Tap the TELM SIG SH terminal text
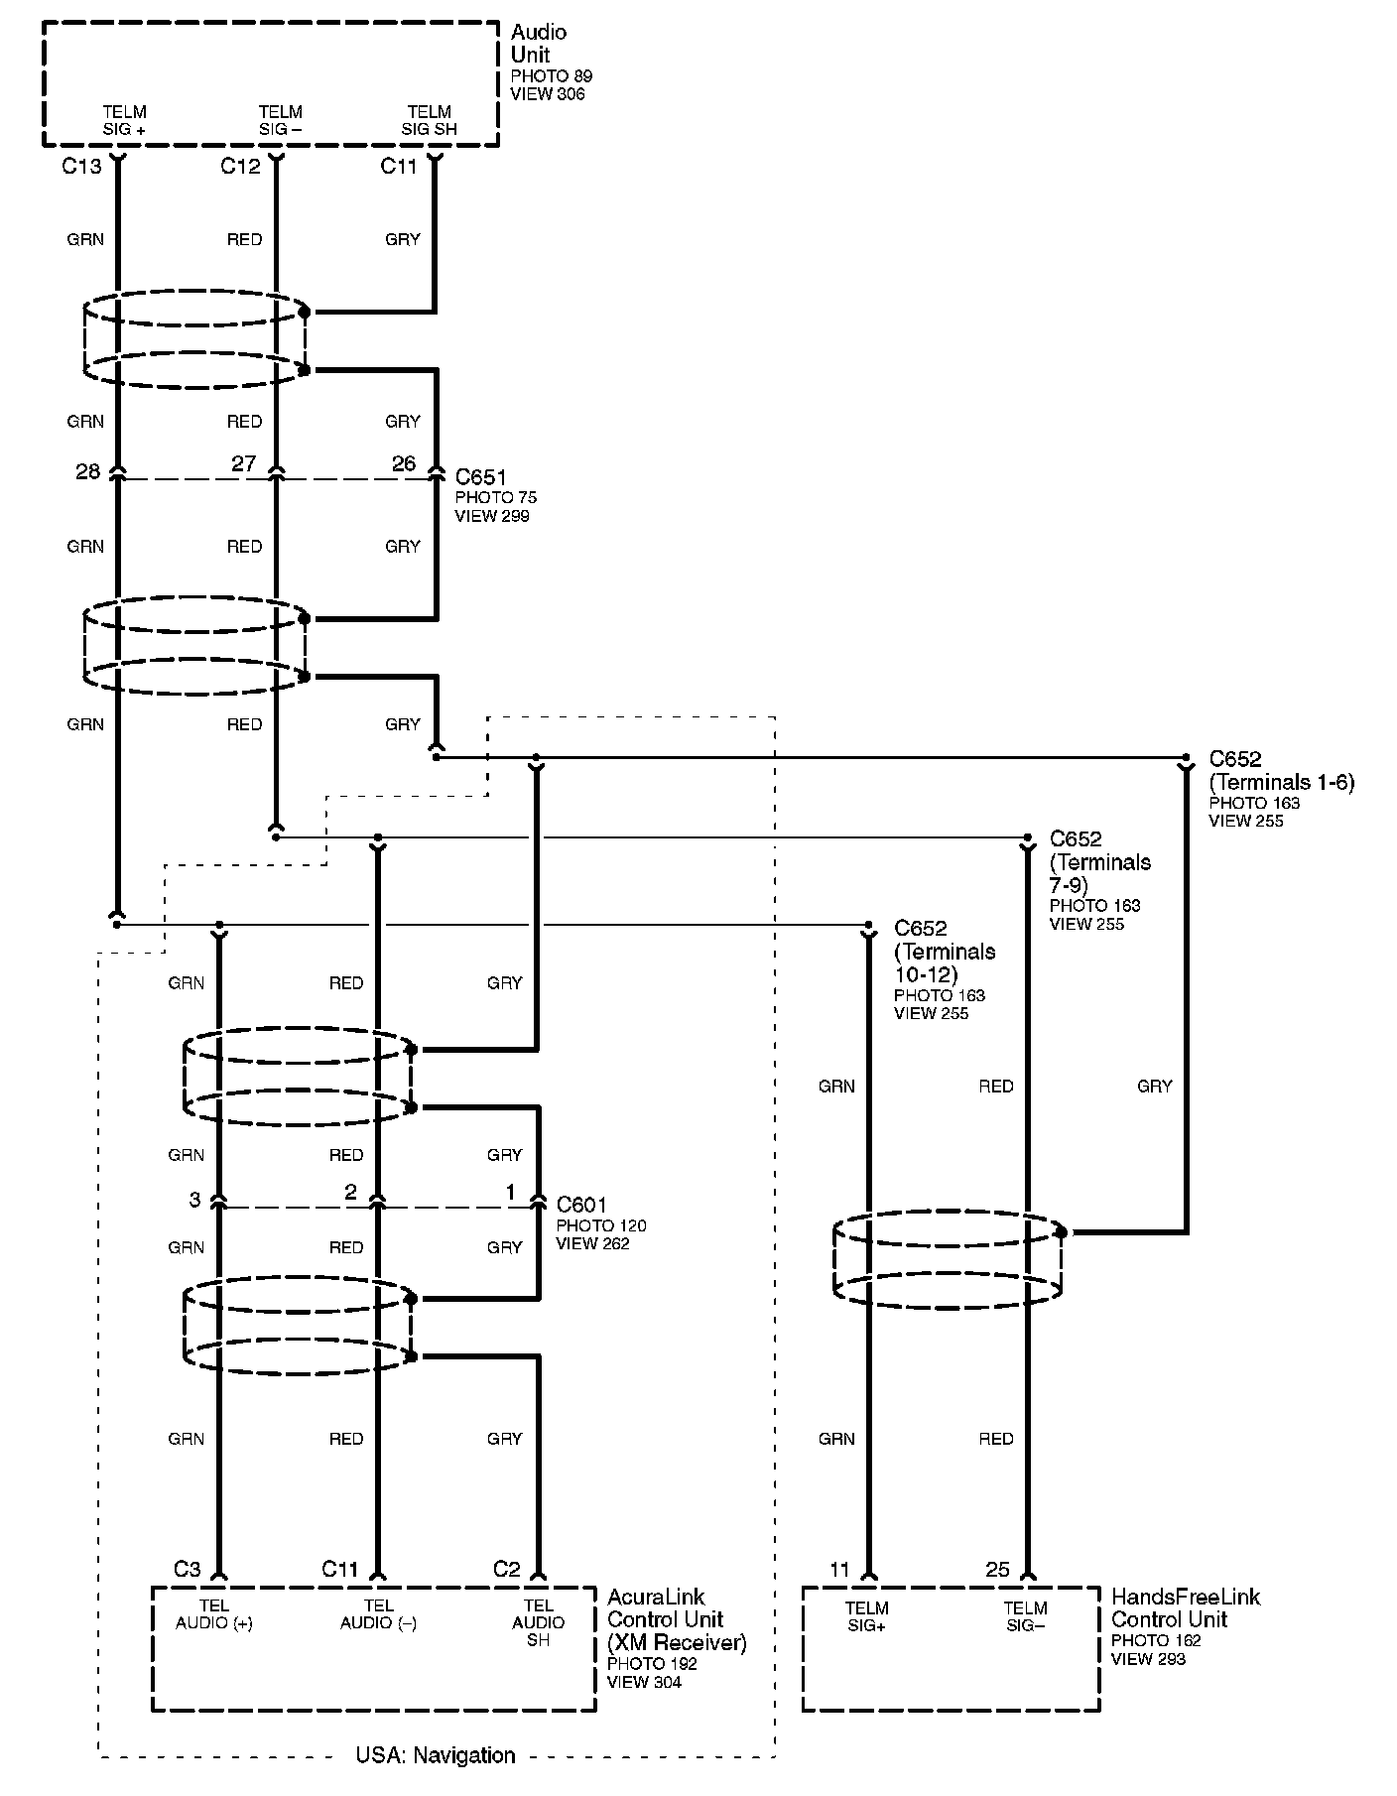tap(429, 120)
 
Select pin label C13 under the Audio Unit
tap(81, 167)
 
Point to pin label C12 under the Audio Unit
tap(240, 167)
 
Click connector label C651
tap(480, 476)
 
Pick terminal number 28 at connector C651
tap(88, 471)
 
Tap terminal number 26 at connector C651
tap(404, 463)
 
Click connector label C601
tap(581, 1205)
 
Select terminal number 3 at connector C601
tap(194, 1200)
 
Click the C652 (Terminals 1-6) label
tap(1281, 771)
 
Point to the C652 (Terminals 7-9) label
tap(1100, 861)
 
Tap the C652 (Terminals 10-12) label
tap(944, 951)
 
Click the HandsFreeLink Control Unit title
tap(1185, 1607)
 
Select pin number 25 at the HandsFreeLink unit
tap(997, 1570)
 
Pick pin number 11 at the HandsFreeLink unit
tap(840, 1570)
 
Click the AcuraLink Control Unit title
tap(676, 1619)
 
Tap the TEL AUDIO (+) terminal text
tap(214, 1614)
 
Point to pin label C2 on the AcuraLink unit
tap(506, 1569)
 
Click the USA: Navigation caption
tap(436, 1755)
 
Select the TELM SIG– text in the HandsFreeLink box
tap(1025, 1615)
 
